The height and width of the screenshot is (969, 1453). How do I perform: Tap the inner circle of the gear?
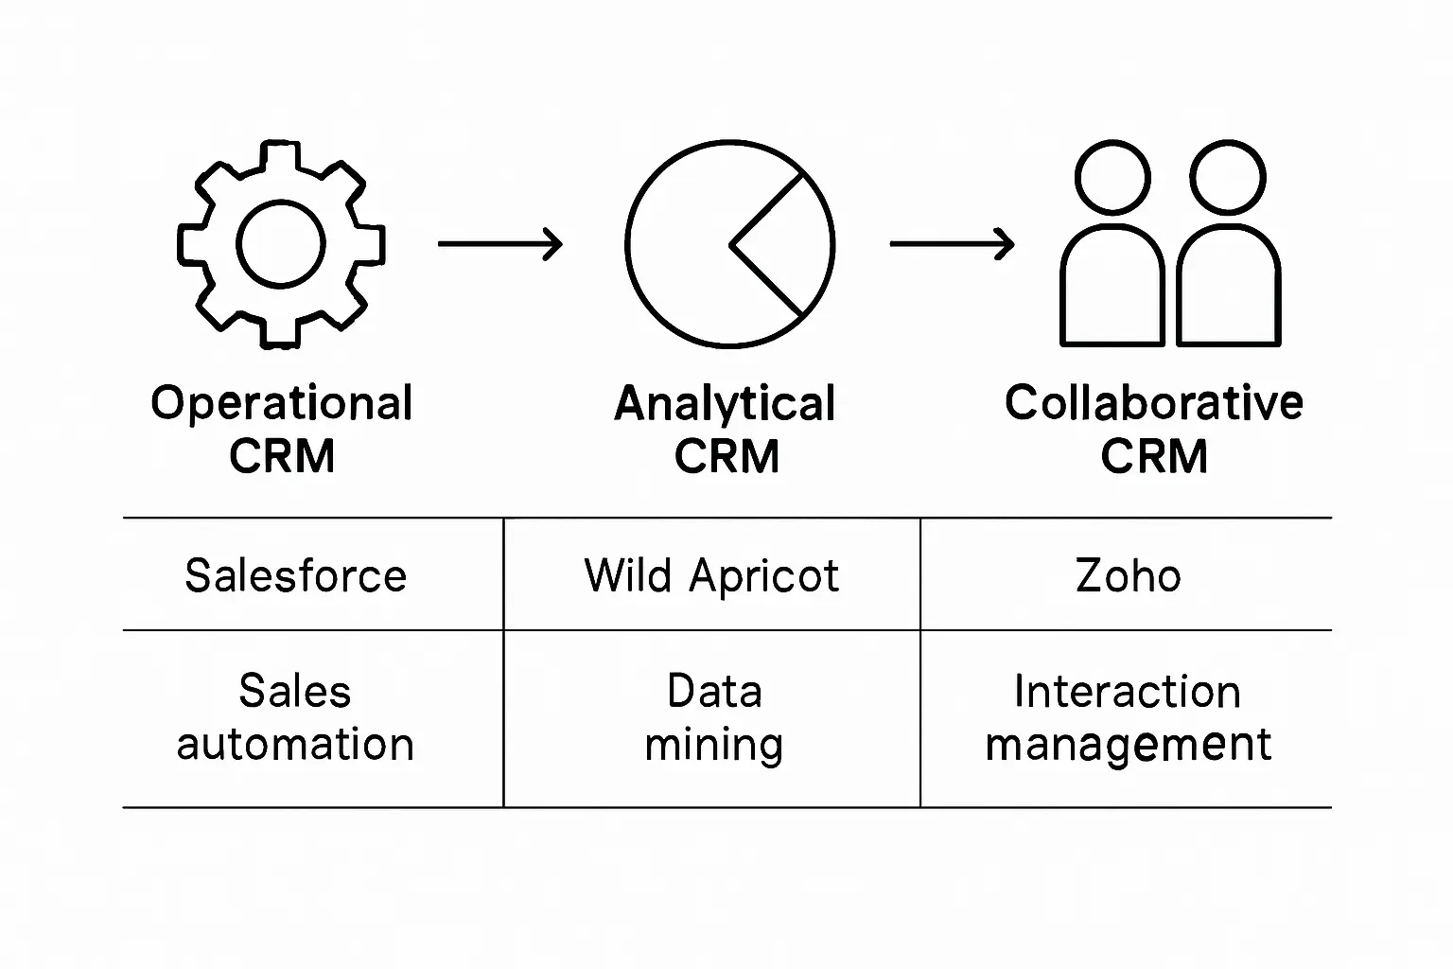(281, 243)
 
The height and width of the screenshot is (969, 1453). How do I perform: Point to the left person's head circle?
(1113, 178)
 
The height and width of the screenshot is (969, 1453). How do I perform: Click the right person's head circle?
(1228, 178)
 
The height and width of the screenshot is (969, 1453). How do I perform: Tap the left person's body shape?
(1112, 289)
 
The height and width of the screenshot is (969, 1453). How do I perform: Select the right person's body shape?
(1228, 289)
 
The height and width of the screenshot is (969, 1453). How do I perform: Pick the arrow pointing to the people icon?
(952, 244)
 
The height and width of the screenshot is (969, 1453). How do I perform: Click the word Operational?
(282, 404)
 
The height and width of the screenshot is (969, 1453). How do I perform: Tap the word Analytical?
(726, 404)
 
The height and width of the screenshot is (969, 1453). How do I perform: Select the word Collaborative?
(1153, 403)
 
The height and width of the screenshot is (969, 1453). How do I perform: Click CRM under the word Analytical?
(726, 457)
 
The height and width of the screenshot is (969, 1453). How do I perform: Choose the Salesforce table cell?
(295, 575)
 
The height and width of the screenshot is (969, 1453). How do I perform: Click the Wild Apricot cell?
(711, 575)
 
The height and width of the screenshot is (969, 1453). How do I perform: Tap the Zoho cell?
(1128, 575)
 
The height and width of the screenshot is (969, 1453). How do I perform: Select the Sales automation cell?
(295, 718)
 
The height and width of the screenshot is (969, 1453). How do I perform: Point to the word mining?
(713, 746)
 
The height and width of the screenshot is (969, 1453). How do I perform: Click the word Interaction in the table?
(1127, 692)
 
